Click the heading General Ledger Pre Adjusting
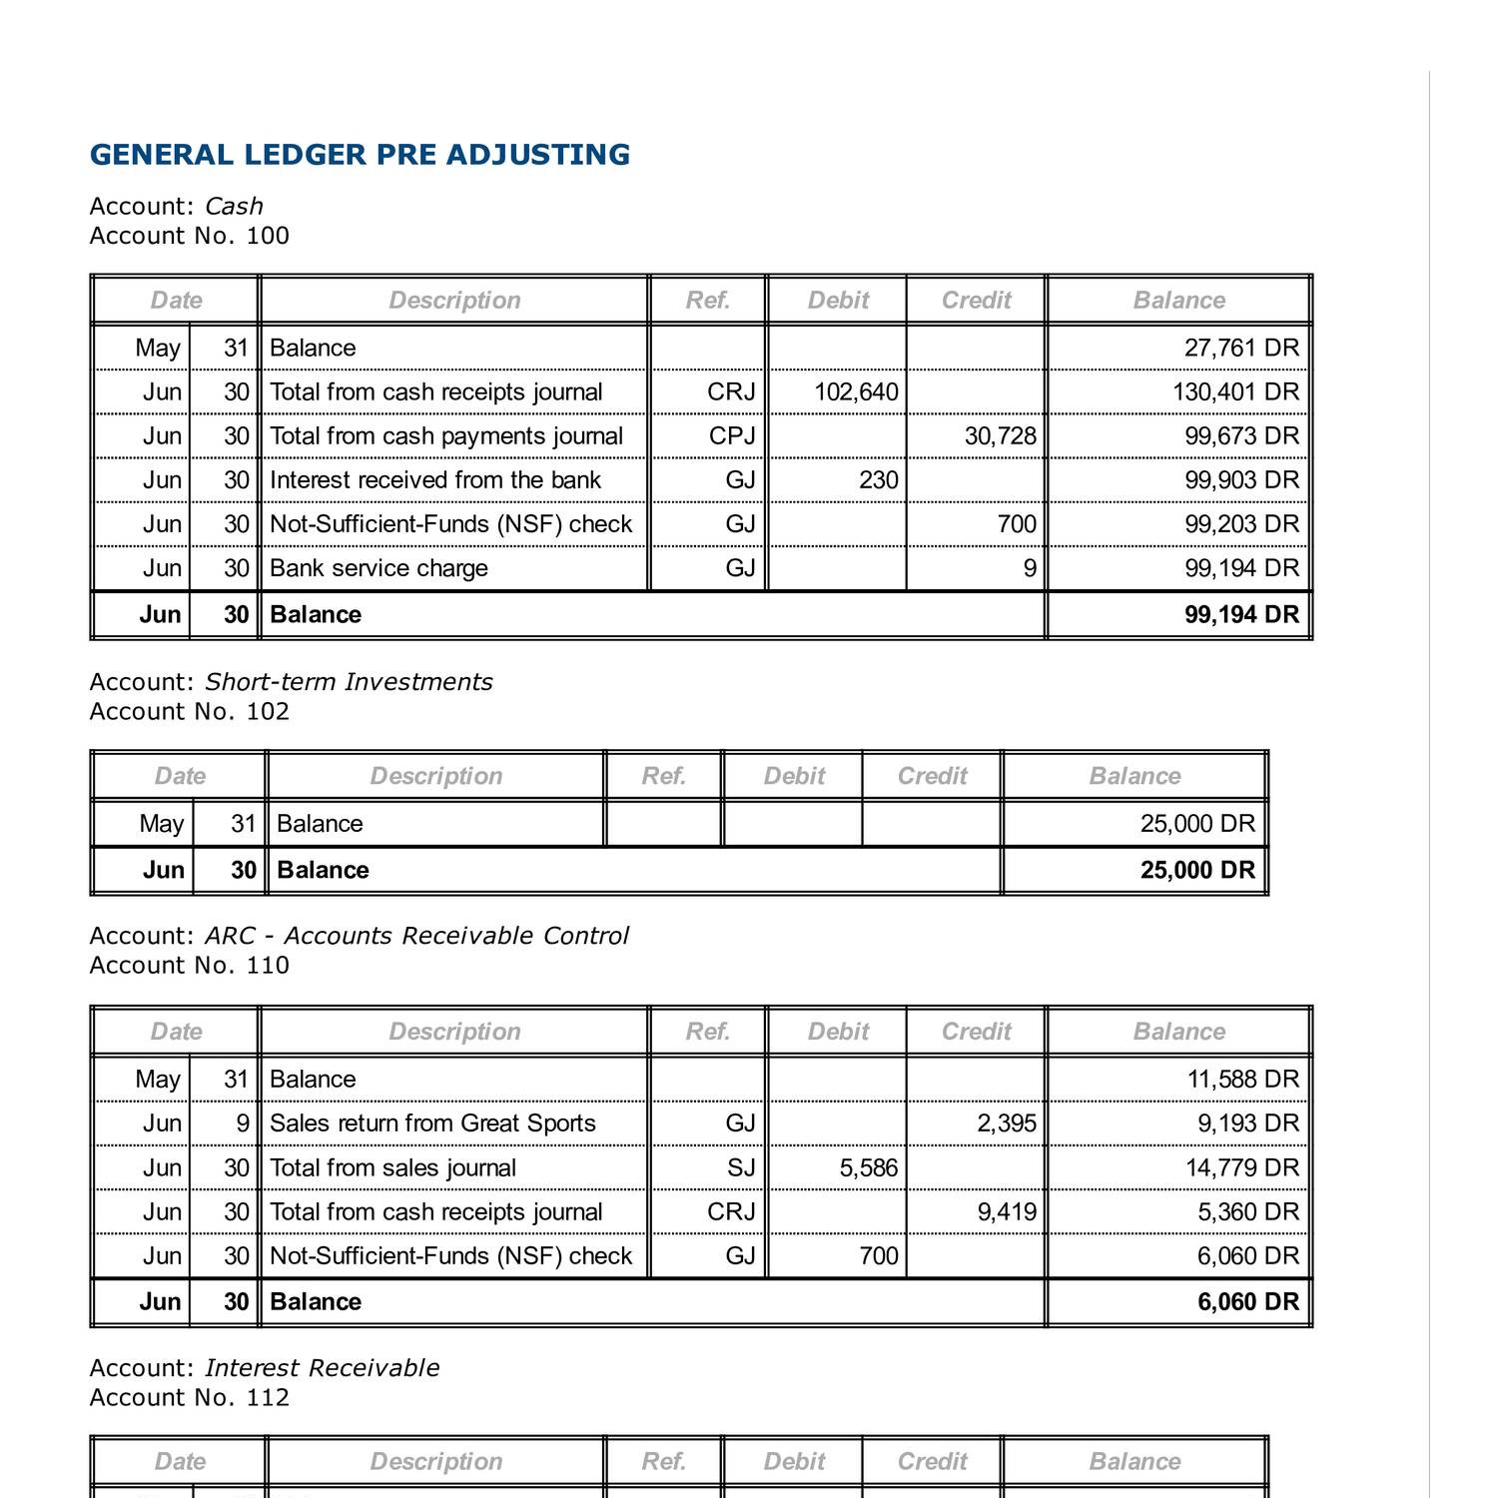(x=360, y=155)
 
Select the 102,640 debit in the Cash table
(x=856, y=392)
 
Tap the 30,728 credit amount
(x=1000, y=436)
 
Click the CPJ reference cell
(x=731, y=436)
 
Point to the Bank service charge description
(x=378, y=568)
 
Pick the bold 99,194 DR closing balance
(x=1241, y=615)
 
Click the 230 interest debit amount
(x=878, y=480)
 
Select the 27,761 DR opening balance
(x=1241, y=349)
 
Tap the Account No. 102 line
(x=189, y=712)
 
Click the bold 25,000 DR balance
(x=1197, y=871)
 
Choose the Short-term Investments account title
(x=349, y=682)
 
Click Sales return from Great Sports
(x=432, y=1123)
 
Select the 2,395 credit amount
(x=1006, y=1123)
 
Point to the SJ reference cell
(x=740, y=1168)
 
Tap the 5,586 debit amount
(x=868, y=1168)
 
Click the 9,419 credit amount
(x=1006, y=1212)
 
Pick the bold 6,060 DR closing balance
(x=1247, y=1302)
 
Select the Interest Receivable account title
(x=322, y=1368)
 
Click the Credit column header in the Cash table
(x=976, y=301)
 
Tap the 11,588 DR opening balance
(x=1242, y=1080)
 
